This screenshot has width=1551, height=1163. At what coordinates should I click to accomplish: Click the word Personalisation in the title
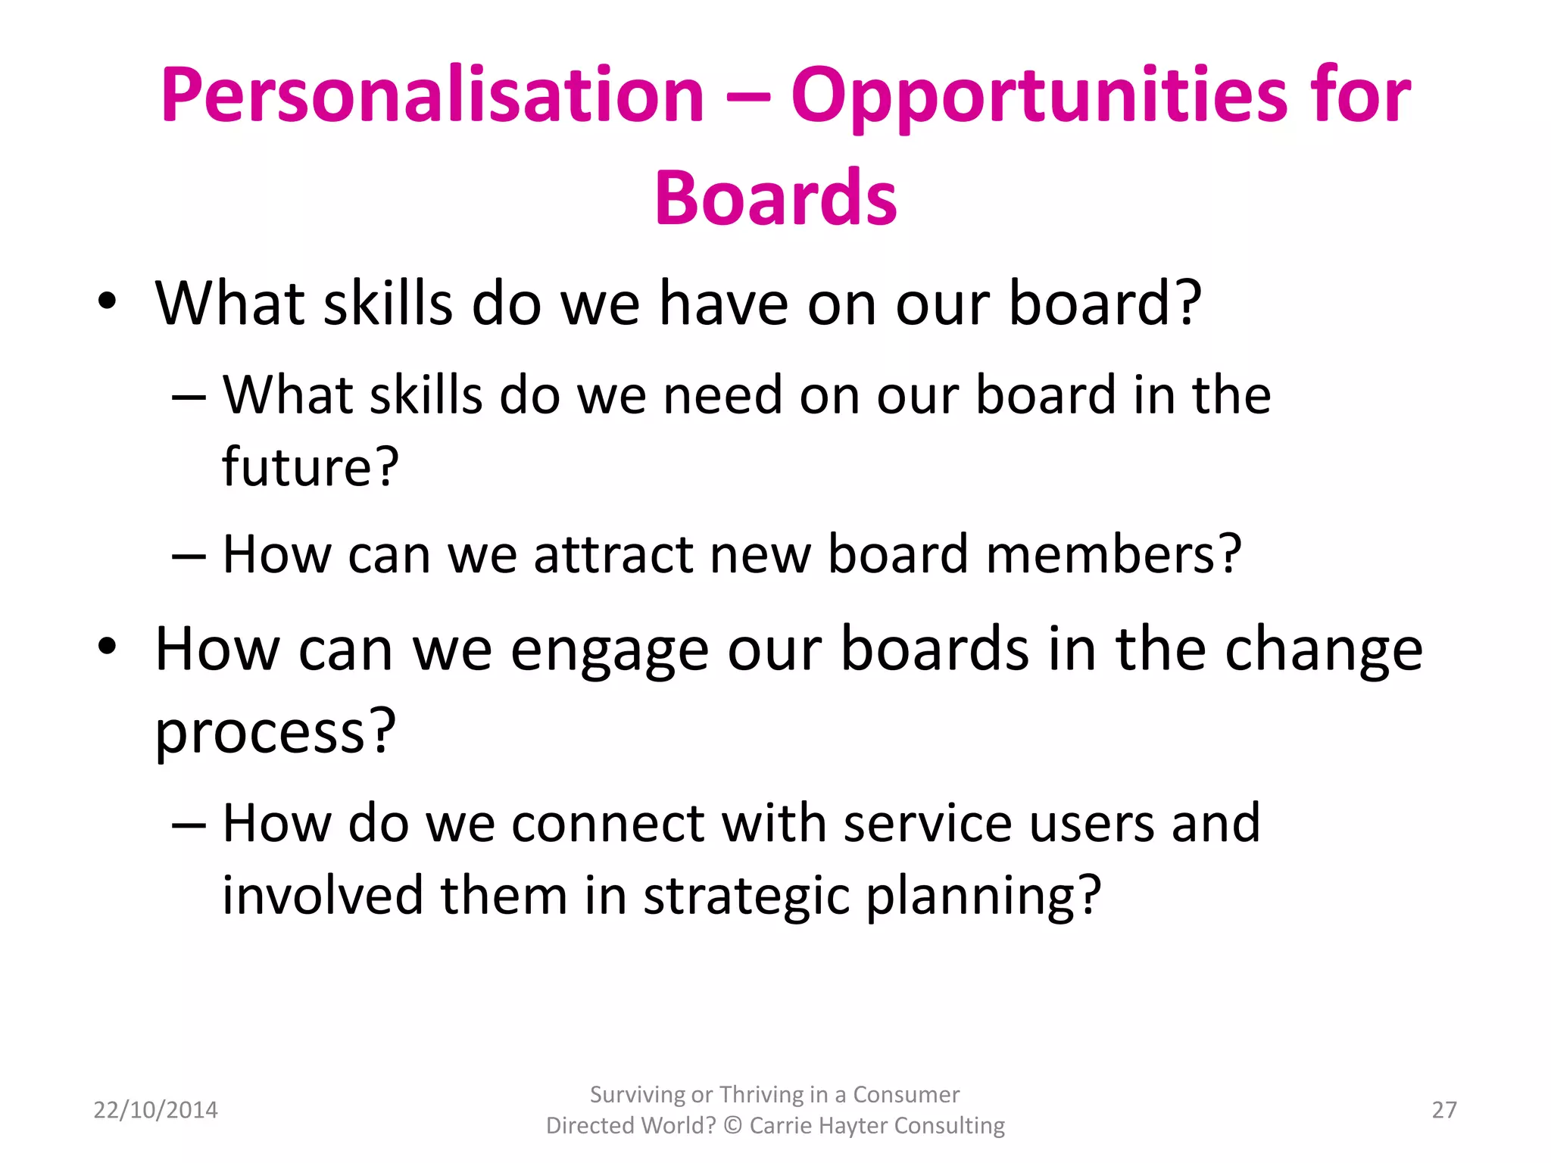point(432,96)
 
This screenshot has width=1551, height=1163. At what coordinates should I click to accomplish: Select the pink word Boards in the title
point(775,198)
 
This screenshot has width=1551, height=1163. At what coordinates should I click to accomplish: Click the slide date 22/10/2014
point(155,1110)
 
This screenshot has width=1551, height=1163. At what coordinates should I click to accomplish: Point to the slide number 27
point(1443,1110)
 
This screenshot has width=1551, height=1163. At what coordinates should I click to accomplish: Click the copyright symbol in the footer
point(732,1126)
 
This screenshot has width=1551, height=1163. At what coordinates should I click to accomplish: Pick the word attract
point(614,554)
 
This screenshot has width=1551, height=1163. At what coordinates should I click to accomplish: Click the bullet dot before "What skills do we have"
point(108,302)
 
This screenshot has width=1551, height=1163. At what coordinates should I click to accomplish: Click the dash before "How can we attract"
point(189,557)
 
